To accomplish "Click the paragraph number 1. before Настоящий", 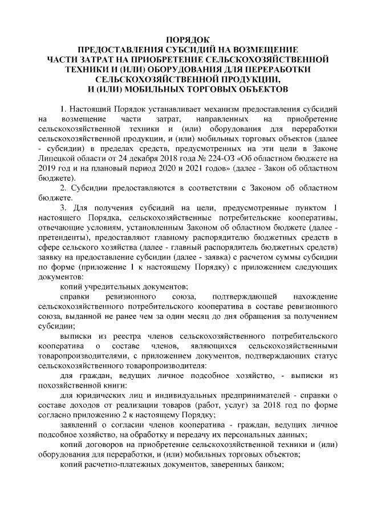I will (x=63, y=108).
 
